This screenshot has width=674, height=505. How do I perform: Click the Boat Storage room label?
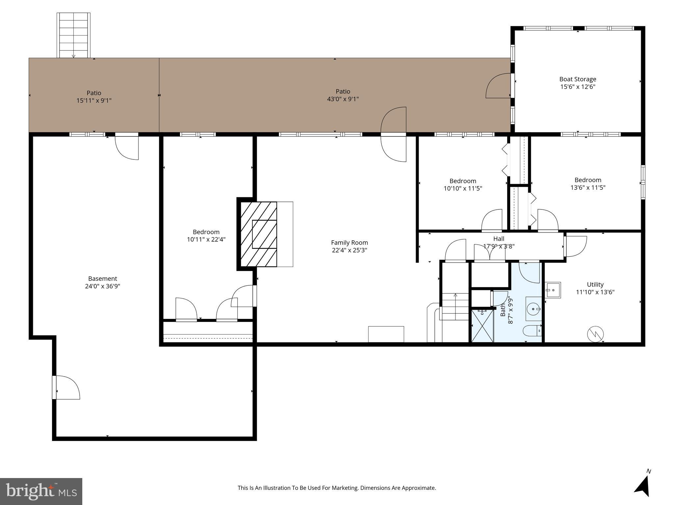[x=578, y=79]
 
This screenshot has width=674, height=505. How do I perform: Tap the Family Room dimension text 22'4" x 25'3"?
[x=350, y=250]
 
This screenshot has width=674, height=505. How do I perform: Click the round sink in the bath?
[x=533, y=309]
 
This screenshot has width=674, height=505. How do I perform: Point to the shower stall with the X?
[x=482, y=325]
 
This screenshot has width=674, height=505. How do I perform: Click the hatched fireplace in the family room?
[x=259, y=234]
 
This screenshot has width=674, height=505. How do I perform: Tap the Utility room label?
[x=595, y=284]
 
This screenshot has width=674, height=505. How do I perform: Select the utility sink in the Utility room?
[x=553, y=290]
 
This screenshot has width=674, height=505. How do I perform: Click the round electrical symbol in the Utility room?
[x=595, y=335]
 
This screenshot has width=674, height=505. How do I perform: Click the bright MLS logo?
[x=41, y=492]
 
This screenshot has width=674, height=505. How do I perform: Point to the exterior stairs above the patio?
[x=73, y=36]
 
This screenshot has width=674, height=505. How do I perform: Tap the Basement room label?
[x=102, y=279]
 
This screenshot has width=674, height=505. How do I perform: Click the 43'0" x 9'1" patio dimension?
[x=343, y=99]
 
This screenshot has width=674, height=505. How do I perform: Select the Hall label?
[x=499, y=239]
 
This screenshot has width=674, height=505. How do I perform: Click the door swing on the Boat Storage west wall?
[x=498, y=86]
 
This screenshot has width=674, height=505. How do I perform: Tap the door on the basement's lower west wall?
[x=66, y=387]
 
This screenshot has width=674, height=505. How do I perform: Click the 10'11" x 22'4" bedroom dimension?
[x=206, y=240]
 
